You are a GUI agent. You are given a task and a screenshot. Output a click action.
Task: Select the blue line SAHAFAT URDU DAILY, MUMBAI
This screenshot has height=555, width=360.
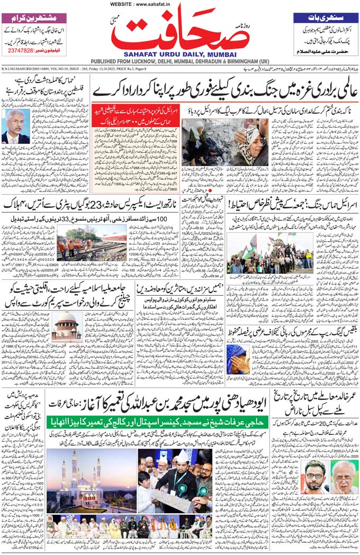point(180,53)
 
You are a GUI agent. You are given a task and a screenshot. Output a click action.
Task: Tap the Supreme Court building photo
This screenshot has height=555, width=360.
point(67,326)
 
